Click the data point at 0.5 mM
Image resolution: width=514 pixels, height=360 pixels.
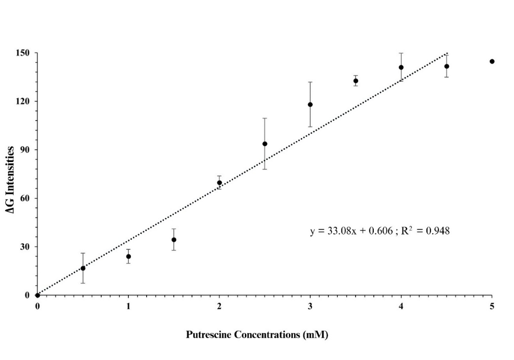(83, 268)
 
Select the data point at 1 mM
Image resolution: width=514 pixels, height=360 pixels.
(128, 256)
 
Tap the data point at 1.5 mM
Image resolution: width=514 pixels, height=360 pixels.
(174, 240)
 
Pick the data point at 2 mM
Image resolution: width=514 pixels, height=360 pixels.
(219, 183)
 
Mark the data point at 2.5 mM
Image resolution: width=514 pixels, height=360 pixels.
(265, 144)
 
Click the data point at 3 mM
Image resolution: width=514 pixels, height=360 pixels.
(310, 105)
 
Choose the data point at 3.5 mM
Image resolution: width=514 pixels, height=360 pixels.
(356, 81)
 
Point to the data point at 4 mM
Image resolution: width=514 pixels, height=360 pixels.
(401, 68)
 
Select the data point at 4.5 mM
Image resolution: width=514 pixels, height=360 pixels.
(446, 66)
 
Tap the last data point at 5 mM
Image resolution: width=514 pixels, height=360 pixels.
(492, 61)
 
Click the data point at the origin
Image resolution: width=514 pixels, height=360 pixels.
(38, 295)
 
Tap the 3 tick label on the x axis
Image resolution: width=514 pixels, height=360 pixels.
(310, 306)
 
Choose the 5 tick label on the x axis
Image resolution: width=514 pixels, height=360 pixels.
(492, 306)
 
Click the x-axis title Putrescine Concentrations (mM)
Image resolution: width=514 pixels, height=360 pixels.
(257, 335)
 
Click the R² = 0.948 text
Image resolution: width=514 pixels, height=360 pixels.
(428, 231)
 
